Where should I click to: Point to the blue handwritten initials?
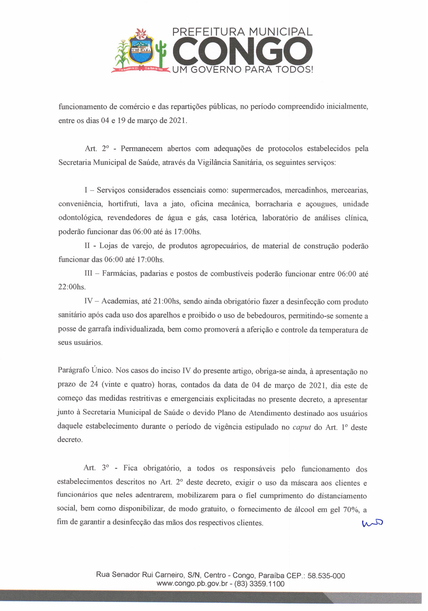tap(372, 523)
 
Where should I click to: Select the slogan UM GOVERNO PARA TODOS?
tap(243, 70)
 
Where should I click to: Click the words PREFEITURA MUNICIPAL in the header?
tap(243, 32)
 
